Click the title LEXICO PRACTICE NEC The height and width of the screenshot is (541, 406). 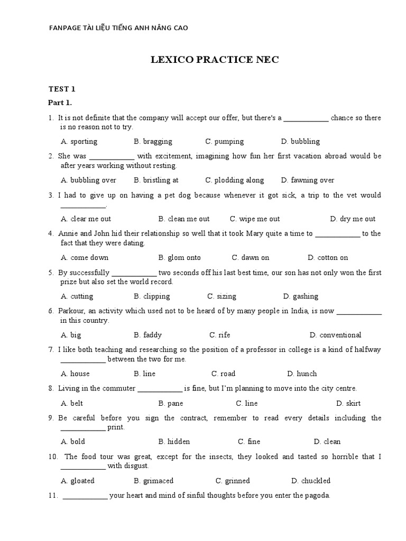tap(215, 60)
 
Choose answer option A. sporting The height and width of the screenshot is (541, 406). tap(79, 142)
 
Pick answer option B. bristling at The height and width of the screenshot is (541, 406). tap(156, 180)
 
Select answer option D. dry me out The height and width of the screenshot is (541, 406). tap(353, 219)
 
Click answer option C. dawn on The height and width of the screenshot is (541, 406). tap(250, 258)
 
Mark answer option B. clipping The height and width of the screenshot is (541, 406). tap(152, 296)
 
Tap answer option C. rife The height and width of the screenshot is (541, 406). tap(219, 335)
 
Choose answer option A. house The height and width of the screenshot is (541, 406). tap(75, 374)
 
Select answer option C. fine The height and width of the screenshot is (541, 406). tap(249, 442)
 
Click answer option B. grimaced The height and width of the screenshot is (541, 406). tap(153, 481)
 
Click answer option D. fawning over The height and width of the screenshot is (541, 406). tap(308, 180)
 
